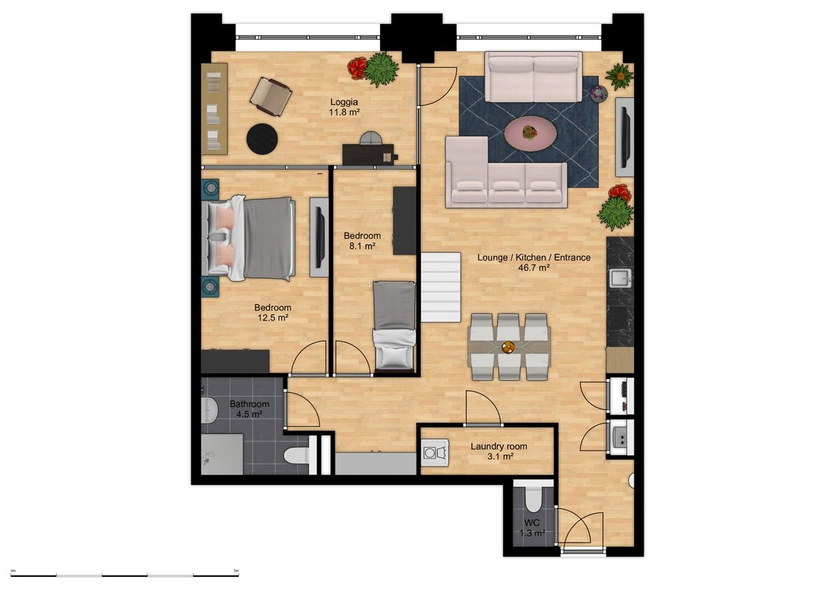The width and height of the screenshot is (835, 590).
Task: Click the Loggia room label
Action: pos(344,102)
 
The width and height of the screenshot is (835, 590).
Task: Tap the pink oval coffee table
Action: pos(530,133)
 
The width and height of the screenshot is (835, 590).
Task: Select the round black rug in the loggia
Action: pos(262,138)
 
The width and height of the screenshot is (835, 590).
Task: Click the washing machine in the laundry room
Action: pos(436,452)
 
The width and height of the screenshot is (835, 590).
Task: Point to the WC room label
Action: pos(532,523)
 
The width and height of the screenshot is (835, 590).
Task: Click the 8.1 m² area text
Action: pos(362,246)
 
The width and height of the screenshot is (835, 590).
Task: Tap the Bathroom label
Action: pos(249,404)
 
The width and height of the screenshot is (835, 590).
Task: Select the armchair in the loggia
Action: pos(270,96)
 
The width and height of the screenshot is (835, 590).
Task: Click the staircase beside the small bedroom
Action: pos(441,287)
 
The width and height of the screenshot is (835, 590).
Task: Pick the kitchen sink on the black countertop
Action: pos(620,278)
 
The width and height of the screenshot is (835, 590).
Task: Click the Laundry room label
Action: pos(498,446)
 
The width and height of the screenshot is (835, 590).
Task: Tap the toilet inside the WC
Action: pos(534,500)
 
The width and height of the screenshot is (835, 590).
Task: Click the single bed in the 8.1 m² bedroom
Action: pos(395,326)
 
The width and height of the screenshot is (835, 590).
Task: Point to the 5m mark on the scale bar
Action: pos(236,571)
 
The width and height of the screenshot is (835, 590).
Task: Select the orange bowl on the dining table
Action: pos(509,347)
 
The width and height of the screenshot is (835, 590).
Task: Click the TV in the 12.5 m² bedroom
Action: pos(319,237)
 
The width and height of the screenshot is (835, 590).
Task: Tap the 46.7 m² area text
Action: pos(534,267)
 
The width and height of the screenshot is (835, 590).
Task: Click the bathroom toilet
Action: pos(296,455)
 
